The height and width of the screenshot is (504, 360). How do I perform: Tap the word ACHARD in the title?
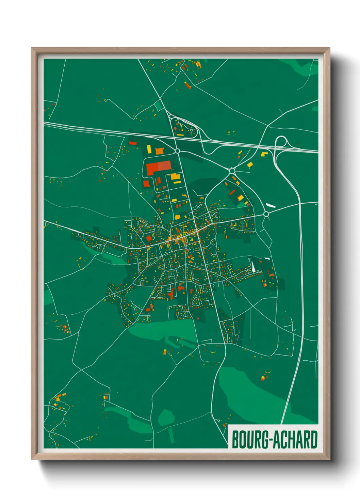point(296,440)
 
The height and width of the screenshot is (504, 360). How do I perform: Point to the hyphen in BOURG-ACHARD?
point(271,440)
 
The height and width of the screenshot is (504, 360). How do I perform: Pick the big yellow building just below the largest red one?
point(175,176)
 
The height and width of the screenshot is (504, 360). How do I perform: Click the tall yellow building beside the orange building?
point(149,149)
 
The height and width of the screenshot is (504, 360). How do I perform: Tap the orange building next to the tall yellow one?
point(159,151)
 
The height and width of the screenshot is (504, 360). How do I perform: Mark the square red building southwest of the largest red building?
point(146,184)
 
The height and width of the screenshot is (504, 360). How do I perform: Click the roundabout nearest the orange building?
point(177,151)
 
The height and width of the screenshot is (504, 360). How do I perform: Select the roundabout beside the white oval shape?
point(266,214)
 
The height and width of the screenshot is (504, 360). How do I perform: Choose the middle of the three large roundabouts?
point(232,171)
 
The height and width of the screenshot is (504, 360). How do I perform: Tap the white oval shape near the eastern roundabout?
point(271,205)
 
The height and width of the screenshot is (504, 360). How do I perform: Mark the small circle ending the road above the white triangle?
point(249,259)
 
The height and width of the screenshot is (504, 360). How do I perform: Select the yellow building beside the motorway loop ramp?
point(264,154)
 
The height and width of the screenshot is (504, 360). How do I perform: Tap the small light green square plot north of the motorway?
point(159,106)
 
